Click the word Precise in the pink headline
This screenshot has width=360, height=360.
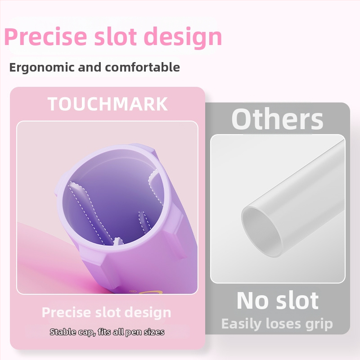pyautogui.click(x=46, y=37)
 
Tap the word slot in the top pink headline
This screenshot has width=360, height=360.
pyautogui.click(x=116, y=36)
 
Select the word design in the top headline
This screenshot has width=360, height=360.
pyautogui.click(x=183, y=37)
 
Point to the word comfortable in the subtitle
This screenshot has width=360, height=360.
pyautogui.click(x=142, y=67)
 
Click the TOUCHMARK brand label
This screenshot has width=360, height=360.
pyautogui.click(x=108, y=104)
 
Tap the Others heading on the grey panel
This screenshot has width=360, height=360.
pyautogui.click(x=277, y=119)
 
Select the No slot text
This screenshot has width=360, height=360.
pyautogui.click(x=278, y=300)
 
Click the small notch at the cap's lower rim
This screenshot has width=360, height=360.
pyautogui.click(x=117, y=241)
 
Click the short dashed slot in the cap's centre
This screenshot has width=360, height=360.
pyautogui.click(x=144, y=222)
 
